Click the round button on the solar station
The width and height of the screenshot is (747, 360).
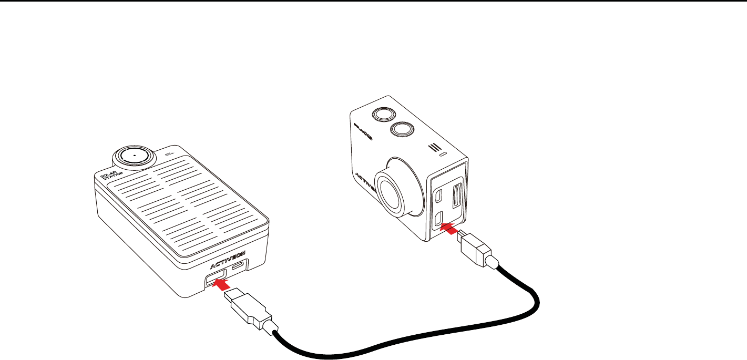click(135, 156)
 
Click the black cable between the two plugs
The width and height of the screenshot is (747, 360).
click(400, 342)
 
